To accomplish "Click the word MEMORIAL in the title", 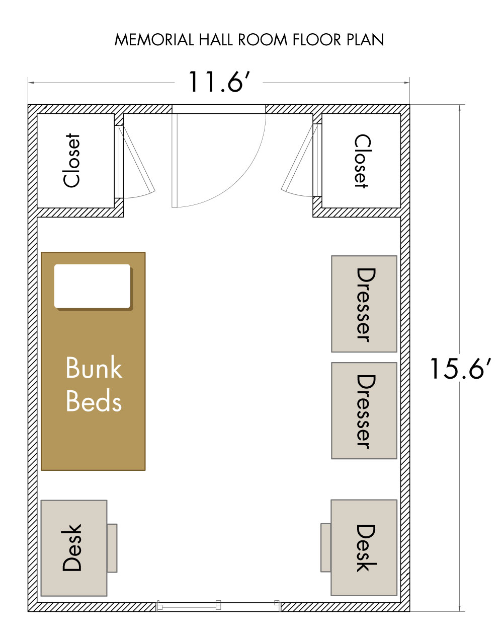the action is click(154, 40).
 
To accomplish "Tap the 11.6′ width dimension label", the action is click(219, 82).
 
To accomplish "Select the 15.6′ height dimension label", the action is click(460, 368).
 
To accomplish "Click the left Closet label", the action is click(72, 160).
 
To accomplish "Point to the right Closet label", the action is click(362, 161).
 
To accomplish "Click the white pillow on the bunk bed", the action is click(92, 286).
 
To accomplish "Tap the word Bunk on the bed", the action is click(94, 367).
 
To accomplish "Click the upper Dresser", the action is click(364, 304).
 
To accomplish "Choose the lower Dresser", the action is click(364, 410).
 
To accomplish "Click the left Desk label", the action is click(72, 547).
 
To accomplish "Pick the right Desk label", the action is click(366, 548).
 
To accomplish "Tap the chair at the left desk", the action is click(112, 548).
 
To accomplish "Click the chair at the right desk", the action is click(326, 548).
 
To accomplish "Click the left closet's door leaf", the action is click(137, 160).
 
